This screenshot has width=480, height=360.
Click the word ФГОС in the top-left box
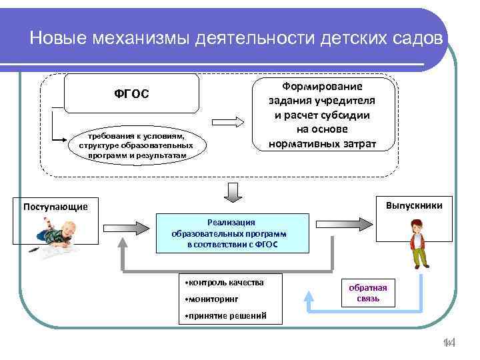131,93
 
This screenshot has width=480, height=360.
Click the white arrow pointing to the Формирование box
229,123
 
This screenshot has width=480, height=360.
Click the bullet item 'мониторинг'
211,299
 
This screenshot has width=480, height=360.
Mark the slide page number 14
448,343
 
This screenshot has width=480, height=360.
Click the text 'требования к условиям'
135,135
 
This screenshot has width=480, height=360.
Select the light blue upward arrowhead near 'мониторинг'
310,294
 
